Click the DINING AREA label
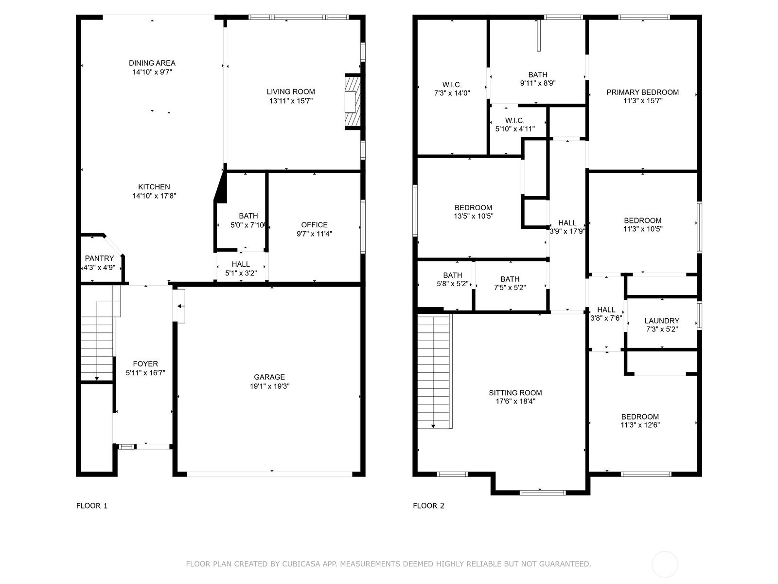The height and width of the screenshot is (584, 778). (x=152, y=63)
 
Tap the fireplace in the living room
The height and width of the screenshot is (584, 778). (x=353, y=102)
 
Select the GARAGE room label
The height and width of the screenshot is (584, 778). (x=269, y=377)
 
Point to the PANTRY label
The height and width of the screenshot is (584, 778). (x=99, y=258)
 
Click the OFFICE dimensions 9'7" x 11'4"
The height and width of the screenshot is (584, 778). (x=315, y=234)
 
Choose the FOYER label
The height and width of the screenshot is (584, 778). (x=145, y=364)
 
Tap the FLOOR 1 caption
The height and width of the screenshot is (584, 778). (x=92, y=506)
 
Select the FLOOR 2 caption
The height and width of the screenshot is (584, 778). (x=428, y=506)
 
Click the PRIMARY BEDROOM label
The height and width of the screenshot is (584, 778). (x=643, y=92)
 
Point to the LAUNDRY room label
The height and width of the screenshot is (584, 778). (x=662, y=321)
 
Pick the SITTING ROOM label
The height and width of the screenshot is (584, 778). (x=515, y=393)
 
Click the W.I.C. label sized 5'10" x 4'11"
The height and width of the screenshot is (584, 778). (x=514, y=121)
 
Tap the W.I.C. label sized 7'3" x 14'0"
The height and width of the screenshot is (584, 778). (x=452, y=85)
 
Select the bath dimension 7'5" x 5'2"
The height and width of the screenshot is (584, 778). (x=510, y=288)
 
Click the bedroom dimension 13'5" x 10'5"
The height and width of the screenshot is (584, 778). (x=474, y=216)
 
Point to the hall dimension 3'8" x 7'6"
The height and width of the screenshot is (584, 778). (x=606, y=318)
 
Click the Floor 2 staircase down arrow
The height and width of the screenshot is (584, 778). (x=433, y=425)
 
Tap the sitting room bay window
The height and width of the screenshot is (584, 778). (x=542, y=492)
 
